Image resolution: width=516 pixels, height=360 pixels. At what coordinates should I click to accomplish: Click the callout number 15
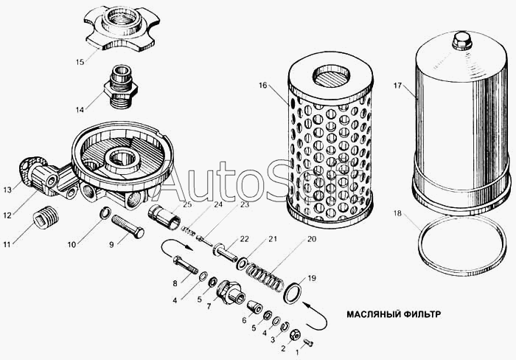pos(80,62)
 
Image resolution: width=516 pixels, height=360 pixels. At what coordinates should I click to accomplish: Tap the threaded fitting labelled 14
pos(121,86)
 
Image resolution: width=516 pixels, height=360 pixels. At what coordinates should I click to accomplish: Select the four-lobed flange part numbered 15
pos(122,28)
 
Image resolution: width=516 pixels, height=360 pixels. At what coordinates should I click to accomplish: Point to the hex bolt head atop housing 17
pos(461,40)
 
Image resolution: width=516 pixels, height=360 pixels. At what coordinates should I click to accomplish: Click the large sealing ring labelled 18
pos(462,246)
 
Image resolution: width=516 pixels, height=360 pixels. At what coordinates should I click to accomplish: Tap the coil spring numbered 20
pos(265,276)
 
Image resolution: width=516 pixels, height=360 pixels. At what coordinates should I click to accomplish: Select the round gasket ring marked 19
pos(293,290)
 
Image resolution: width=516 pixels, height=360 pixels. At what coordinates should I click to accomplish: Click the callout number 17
pos(397,86)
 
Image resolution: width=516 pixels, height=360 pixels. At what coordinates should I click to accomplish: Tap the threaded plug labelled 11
pos(46,216)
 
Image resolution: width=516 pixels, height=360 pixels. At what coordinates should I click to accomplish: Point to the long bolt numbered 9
pos(128,226)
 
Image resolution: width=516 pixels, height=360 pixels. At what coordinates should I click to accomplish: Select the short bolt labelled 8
pos(184,265)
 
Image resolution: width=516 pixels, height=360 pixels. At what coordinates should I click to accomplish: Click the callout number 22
pos(244,239)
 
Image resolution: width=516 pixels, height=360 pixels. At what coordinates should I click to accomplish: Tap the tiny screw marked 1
pos(308,342)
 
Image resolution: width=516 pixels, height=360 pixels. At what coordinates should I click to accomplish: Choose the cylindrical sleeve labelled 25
pos(164,217)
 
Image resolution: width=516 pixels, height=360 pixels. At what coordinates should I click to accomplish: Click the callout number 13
pos(7,190)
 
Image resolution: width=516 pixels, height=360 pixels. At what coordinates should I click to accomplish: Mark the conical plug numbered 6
pos(254,307)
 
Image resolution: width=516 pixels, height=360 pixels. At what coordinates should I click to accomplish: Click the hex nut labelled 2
pos(295,336)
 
